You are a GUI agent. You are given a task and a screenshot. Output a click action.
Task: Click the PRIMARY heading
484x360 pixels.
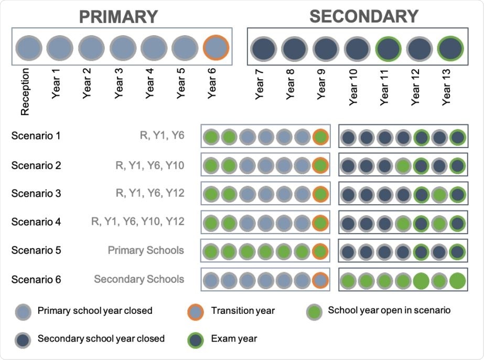118,16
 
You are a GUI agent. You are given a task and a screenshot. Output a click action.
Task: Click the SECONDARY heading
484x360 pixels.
363,16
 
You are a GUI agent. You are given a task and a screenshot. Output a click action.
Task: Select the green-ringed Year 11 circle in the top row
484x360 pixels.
388,49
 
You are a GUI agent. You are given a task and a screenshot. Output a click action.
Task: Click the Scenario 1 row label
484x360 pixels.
36,136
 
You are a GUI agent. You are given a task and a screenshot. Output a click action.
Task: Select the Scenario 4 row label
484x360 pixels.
36,222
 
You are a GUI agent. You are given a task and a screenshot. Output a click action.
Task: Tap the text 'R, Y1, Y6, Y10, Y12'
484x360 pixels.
137,222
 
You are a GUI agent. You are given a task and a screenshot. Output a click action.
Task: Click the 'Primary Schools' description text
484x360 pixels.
146,250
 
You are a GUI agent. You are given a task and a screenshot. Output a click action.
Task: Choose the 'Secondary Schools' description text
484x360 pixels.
139,279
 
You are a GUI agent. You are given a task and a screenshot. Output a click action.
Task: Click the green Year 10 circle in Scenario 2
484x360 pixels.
403,166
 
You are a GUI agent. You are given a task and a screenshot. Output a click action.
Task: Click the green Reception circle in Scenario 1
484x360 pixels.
210,138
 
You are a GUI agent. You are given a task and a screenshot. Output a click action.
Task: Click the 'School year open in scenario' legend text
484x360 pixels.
389,310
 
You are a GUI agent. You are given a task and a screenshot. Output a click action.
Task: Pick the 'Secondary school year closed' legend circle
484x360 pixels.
23,339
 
